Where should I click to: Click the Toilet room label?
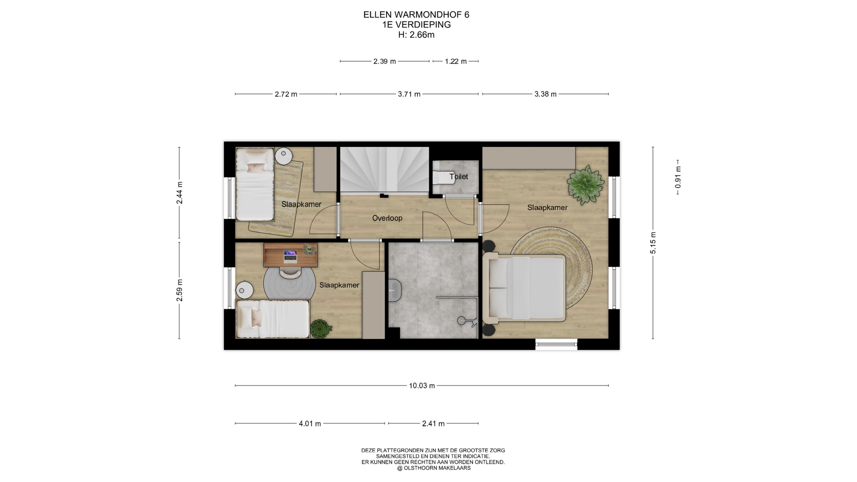458,177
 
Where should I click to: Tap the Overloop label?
387,218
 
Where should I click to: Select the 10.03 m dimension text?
422,386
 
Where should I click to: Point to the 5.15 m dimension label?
653,243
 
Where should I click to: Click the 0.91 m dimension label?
678,177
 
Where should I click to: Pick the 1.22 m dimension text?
456,62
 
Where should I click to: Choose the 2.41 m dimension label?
433,424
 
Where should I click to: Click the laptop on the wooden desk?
290,255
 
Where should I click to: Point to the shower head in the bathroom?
462,320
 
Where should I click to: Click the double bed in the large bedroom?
524,288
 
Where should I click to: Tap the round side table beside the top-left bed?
283,156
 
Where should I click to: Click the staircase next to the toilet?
384,170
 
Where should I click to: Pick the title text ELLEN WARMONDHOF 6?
416,15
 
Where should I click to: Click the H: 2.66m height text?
416,35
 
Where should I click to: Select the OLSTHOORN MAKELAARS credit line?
434,468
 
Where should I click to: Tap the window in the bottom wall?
556,344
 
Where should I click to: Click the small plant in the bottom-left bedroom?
321,329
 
